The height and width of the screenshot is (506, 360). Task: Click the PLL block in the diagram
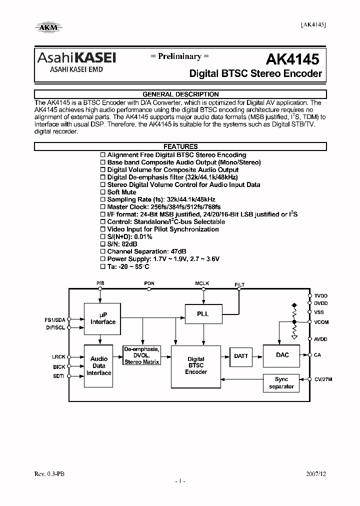tap(203, 314)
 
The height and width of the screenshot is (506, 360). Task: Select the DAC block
tap(282, 355)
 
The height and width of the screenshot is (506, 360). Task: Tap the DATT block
tap(241, 356)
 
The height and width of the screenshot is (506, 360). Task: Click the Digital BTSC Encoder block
tap(196, 366)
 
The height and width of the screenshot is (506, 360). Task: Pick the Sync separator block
tap(281, 383)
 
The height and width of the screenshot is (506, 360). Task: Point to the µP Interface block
tap(102, 318)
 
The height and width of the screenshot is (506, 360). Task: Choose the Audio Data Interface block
tap(99, 366)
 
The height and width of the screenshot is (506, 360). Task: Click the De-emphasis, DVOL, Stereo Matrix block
tap(142, 355)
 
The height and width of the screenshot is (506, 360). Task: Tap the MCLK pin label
tap(202, 283)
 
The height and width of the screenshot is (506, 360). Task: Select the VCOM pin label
tap(321, 322)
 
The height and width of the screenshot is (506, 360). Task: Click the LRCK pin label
tap(58, 357)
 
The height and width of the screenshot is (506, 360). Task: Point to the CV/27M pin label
tap(323, 379)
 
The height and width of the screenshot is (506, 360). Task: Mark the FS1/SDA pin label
tap(55, 319)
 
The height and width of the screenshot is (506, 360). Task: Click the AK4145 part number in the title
tap(292, 59)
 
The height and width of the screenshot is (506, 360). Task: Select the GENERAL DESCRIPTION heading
tap(180, 94)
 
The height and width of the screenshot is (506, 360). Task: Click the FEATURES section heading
tap(180, 146)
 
